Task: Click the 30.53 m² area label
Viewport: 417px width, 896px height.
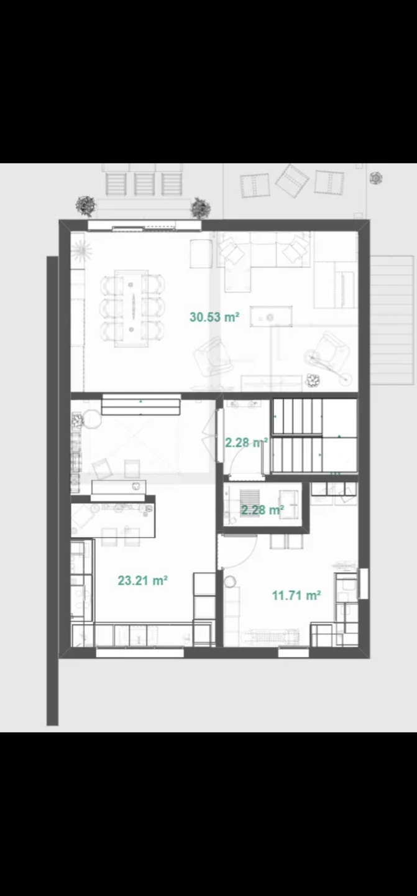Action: click(x=214, y=317)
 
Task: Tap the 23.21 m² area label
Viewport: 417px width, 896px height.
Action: click(x=142, y=581)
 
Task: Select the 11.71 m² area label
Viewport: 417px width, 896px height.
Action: click(x=297, y=595)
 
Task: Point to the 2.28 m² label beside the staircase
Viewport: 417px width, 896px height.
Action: click(x=247, y=442)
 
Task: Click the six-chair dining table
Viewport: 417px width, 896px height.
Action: click(x=131, y=309)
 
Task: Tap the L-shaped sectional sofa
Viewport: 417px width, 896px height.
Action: click(x=263, y=261)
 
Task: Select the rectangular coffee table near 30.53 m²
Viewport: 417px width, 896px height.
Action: click(x=271, y=316)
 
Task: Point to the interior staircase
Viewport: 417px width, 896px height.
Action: click(x=314, y=436)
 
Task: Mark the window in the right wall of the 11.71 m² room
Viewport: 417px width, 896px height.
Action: click(x=364, y=584)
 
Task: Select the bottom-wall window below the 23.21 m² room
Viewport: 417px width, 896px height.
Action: click(x=140, y=653)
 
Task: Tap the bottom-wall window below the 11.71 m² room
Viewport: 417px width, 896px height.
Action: click(x=293, y=653)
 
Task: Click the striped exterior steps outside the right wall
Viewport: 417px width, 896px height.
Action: click(x=392, y=320)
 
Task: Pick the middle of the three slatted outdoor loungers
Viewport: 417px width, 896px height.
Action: click(x=145, y=183)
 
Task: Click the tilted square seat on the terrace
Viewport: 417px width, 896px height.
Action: click(x=293, y=181)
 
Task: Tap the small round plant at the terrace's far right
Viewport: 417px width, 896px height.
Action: click(x=376, y=177)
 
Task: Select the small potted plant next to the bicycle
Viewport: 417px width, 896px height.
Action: click(x=313, y=380)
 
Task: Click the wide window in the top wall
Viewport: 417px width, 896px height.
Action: click(x=144, y=226)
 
